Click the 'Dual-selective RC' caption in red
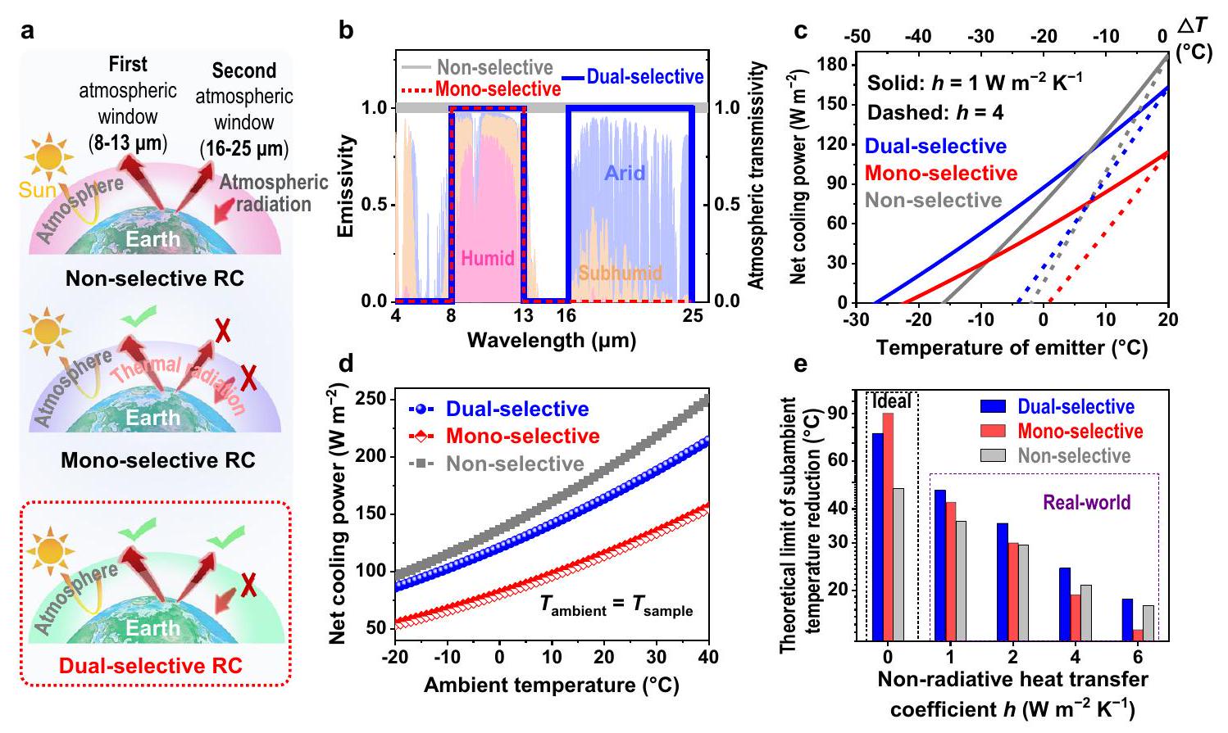[155, 665]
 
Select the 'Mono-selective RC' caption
[146, 460]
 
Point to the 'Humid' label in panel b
[488, 258]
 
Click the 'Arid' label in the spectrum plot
[625, 173]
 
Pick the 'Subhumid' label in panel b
[620, 272]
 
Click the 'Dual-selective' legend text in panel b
[645, 77]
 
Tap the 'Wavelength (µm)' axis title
[551, 339]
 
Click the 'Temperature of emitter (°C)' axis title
[1012, 347]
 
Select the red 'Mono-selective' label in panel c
[941, 174]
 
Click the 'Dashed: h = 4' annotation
[935, 112]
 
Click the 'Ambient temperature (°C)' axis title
[551, 685]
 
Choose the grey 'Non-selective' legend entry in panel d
[515, 464]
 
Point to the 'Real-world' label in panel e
[1086, 502]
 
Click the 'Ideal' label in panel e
[891, 401]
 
